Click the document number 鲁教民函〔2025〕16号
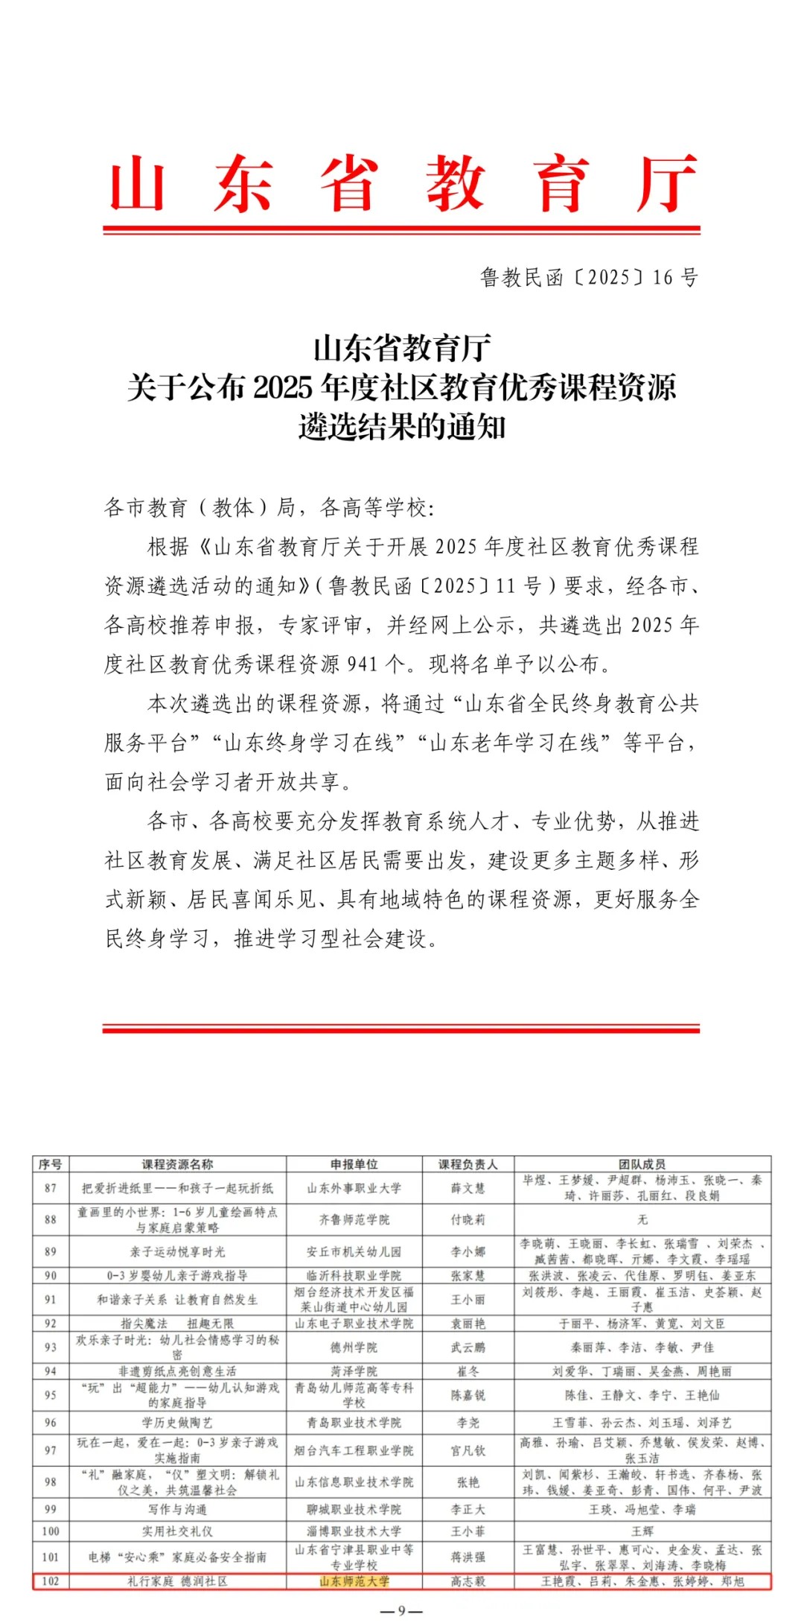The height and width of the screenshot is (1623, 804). tap(589, 278)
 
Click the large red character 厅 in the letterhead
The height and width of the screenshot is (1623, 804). tap(667, 183)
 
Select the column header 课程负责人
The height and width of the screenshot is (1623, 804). tap(468, 1164)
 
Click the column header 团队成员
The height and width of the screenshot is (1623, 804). tap(642, 1164)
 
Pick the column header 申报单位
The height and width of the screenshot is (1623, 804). tap(354, 1164)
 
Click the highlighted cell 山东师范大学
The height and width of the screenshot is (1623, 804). tap(354, 1581)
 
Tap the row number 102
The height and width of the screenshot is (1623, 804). tap(51, 1581)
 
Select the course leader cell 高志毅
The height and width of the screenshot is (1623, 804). tap(468, 1581)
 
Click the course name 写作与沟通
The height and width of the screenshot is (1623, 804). tap(177, 1510)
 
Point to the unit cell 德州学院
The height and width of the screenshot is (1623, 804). tap(354, 1347)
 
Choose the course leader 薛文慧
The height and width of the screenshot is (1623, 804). tap(468, 1188)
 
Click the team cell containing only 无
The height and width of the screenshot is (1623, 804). tap(642, 1220)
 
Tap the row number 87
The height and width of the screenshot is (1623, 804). tap(51, 1188)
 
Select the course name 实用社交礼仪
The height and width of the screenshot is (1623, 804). tap(177, 1531)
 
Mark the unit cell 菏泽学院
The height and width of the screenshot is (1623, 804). tap(354, 1371)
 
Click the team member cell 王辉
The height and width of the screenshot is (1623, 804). tap(642, 1531)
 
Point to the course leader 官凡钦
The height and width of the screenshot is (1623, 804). tap(468, 1450)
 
